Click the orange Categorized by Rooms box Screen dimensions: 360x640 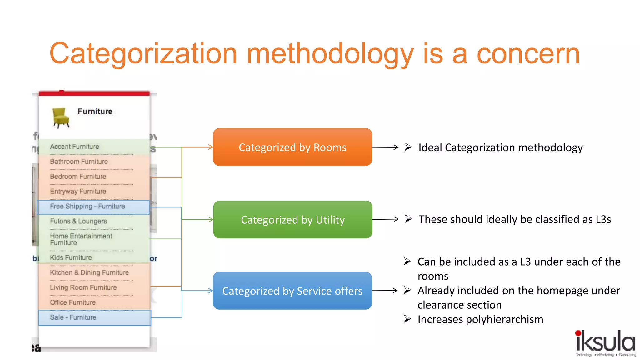coord(292,147)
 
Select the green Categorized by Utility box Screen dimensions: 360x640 coord(292,220)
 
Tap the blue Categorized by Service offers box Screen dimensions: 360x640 coord(292,291)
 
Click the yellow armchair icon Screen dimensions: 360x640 coord(61,117)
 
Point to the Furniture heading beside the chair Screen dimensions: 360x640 coord(95,111)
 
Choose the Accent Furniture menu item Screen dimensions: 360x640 coord(74,147)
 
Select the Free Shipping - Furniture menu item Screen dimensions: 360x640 coord(87,206)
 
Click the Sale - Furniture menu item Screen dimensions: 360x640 coord(73,317)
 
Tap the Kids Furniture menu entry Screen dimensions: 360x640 coord(71,257)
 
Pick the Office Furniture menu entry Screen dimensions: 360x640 coord(73,302)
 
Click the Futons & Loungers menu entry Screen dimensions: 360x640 coord(78,221)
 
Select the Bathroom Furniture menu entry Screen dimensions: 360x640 coord(79,161)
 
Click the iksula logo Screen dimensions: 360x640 coord(605,342)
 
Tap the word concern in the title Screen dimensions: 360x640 coord(528,54)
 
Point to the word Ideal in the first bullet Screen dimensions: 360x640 coord(430,147)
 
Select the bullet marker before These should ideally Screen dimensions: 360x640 coord(408,219)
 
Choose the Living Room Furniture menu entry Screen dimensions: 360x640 coord(83,287)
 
